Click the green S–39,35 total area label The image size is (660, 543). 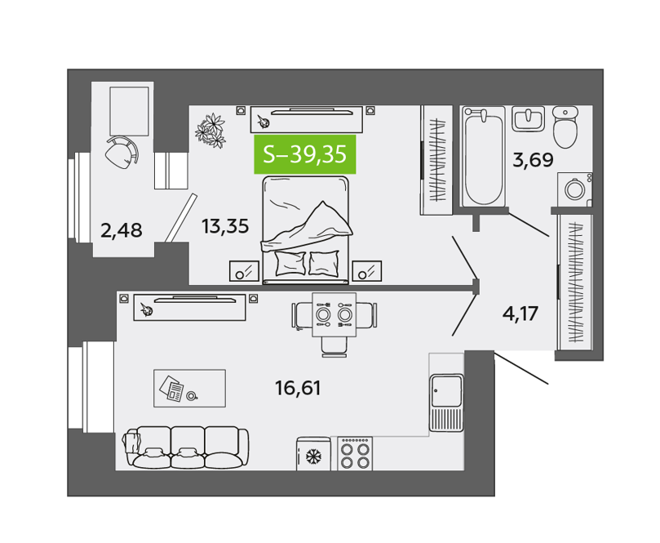tap(305, 154)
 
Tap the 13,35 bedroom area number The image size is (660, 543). tap(225, 226)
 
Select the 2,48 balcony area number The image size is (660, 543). tap(122, 230)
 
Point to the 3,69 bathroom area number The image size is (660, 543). tap(533, 160)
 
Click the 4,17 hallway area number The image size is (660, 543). tap(520, 314)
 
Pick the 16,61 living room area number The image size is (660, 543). tap(298, 388)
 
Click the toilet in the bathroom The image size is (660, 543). tap(565, 127)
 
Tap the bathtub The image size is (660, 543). tap(484, 156)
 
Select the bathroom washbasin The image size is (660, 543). tap(529, 118)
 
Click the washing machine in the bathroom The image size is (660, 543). tap(575, 189)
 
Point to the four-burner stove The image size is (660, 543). tap(355, 453)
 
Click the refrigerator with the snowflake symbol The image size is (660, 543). tap(313, 454)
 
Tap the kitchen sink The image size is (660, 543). tap(446, 403)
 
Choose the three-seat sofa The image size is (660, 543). tap(186, 447)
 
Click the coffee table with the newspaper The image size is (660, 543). tap(189, 388)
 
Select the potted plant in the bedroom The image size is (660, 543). tap(210, 130)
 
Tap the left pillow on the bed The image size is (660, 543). tap(290, 263)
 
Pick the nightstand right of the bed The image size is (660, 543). tap(367, 271)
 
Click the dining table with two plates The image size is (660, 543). tap(334, 314)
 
